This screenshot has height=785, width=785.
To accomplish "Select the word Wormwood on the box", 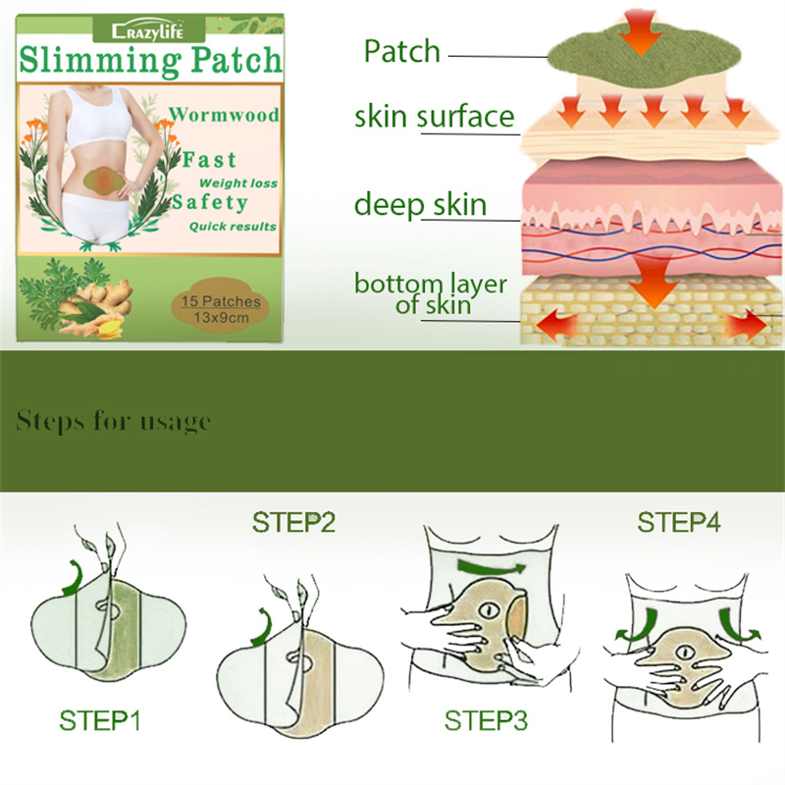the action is pos(224,115).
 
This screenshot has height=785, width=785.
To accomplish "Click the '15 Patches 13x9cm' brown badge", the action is pos(220,307).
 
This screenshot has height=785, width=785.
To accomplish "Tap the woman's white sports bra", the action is pos(97,117).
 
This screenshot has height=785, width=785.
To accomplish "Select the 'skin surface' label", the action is pos(435,117).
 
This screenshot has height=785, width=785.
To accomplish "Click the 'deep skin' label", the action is pos(421,205).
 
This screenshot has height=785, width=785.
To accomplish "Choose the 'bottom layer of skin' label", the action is pos(431,294).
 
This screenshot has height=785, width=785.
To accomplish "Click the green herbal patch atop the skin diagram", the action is pos(644,56).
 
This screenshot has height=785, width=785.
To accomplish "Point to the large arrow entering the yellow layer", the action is pos(654,282).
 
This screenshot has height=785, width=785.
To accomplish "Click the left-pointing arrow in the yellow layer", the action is pos(556,325).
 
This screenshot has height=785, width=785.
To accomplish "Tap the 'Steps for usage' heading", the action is pos(113,421).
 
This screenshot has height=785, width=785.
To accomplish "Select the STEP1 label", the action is pos(100,721).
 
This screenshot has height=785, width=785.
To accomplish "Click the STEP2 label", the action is pos(293,523).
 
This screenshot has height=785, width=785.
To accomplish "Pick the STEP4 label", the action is pos(679,523).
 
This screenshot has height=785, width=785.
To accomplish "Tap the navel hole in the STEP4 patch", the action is pos(684,653).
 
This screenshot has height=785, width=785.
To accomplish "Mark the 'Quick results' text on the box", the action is pos(233,227).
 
